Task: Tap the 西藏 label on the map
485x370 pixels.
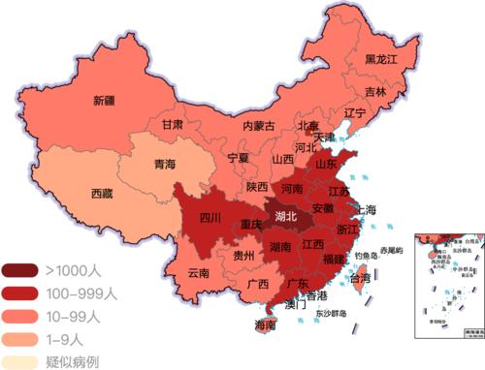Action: pyautogui.click(x=102, y=193)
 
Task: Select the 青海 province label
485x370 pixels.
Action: pyautogui.click(x=165, y=165)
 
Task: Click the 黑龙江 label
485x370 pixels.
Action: pyautogui.click(x=382, y=59)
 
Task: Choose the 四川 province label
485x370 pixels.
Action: pyautogui.click(x=211, y=218)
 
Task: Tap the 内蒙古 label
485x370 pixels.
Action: pyautogui.click(x=258, y=126)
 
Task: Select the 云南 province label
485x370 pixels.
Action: pyautogui.click(x=199, y=273)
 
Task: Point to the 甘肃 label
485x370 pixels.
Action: pyautogui.click(x=173, y=125)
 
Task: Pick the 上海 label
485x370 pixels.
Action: pyautogui.click(x=366, y=209)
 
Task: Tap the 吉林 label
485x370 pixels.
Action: pyautogui.click(x=374, y=93)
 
